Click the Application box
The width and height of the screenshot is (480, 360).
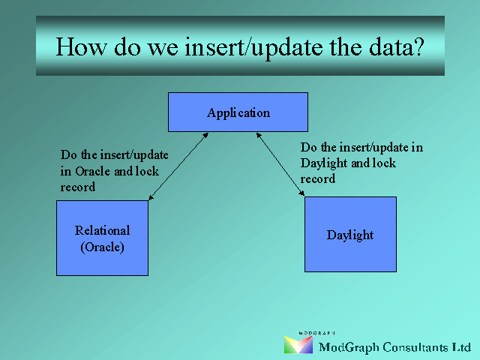pyautogui.click(x=238, y=112)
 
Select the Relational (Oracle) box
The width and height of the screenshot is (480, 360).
pyautogui.click(x=102, y=238)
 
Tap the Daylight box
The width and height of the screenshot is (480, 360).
pyautogui.click(x=350, y=234)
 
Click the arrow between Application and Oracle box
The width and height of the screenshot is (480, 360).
pyautogui.click(x=178, y=166)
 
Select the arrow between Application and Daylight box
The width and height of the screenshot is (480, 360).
pyautogui.click(x=280, y=164)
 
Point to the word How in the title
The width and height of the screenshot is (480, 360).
pyautogui.click(x=82, y=46)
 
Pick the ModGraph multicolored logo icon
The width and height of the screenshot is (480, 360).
pyautogui.click(x=298, y=345)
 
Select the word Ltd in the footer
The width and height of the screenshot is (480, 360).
pyautogui.click(x=461, y=347)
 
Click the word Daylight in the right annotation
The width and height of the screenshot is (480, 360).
pyautogui.click(x=324, y=163)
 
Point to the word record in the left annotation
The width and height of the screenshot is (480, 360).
pyautogui.click(x=78, y=187)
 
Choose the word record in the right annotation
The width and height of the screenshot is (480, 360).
pyautogui.click(x=318, y=178)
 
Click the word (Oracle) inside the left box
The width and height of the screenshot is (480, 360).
pyautogui.click(x=102, y=247)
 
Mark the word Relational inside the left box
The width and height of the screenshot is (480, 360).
pyautogui.click(x=102, y=230)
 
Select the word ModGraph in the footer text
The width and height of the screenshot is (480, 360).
pyautogui.click(x=349, y=348)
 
